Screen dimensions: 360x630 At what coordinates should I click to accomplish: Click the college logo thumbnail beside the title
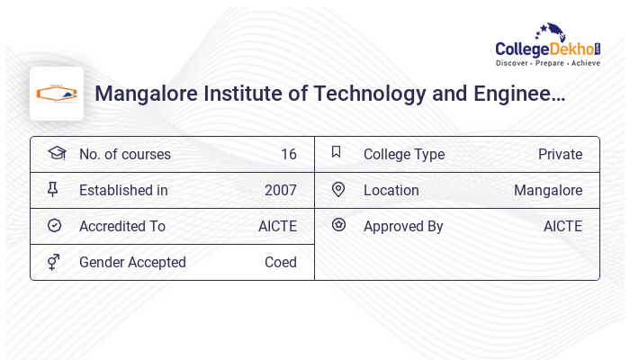point(57,94)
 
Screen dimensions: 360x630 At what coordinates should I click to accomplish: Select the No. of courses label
point(124,154)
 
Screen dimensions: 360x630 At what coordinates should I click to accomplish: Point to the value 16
point(288,154)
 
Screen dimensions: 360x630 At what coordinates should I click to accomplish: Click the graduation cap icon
point(56,153)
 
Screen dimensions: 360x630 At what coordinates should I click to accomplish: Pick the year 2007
point(281,190)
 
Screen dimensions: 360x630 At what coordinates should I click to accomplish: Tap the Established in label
point(123,190)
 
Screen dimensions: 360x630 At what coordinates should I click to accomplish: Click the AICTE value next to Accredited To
point(277,226)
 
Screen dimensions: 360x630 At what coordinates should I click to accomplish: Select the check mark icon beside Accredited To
point(55,226)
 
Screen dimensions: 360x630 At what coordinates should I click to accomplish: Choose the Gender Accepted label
point(132,262)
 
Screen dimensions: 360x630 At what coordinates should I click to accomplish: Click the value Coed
point(281,262)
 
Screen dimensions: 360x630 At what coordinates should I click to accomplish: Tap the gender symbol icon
point(54,262)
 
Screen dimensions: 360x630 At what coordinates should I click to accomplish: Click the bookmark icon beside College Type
point(337,152)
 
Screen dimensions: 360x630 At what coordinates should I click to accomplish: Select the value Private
point(560,154)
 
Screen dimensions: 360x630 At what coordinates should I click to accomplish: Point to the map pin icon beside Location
point(338,189)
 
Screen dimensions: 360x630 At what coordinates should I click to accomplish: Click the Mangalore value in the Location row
point(548,190)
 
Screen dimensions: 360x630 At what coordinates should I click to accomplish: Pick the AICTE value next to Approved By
point(562,226)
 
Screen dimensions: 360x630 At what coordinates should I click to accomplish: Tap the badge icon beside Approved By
point(338,225)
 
